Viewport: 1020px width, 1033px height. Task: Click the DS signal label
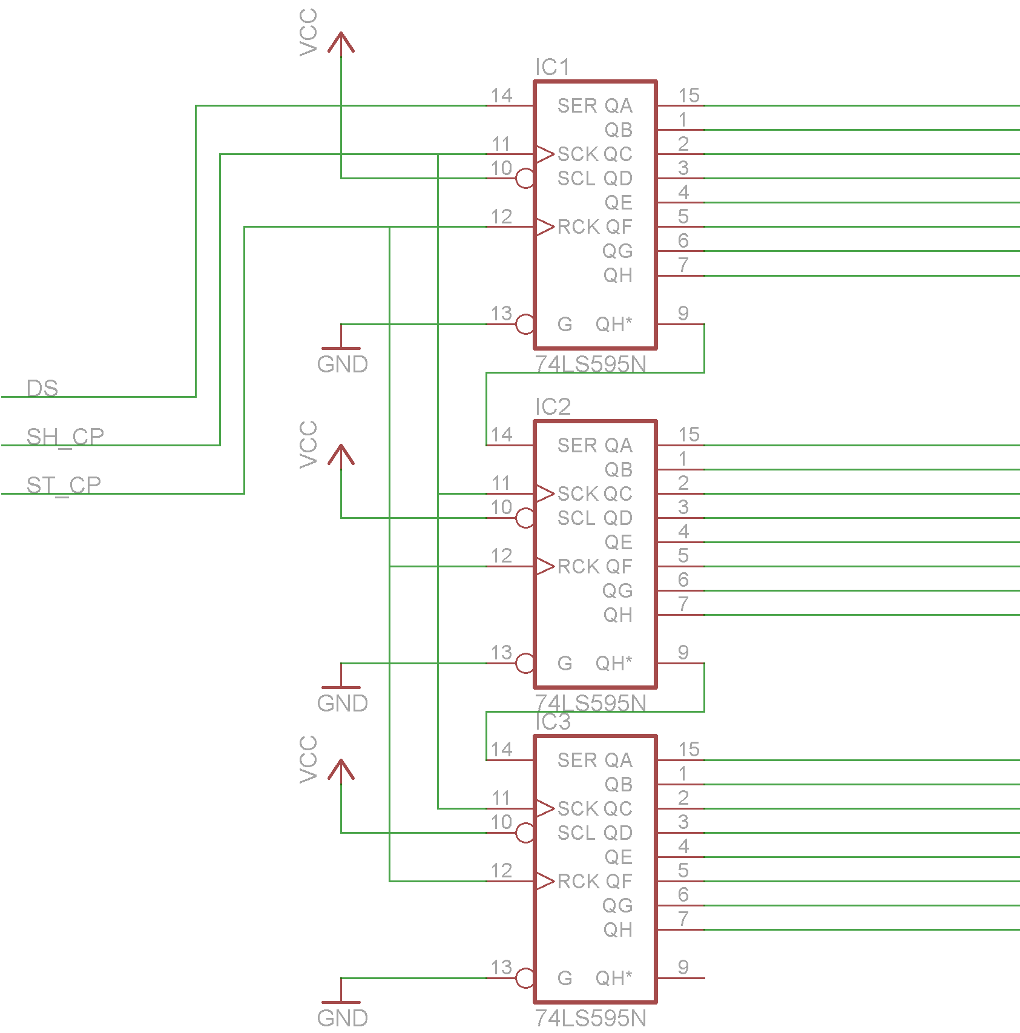coord(42,388)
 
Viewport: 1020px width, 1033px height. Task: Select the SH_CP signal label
coord(65,437)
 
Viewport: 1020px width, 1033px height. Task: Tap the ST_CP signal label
coord(64,485)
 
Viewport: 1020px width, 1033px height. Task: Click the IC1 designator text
coord(552,67)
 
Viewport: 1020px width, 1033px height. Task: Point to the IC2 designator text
coord(553,407)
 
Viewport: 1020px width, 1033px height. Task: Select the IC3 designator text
coord(553,722)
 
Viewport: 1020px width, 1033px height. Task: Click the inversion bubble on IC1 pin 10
coord(525,178)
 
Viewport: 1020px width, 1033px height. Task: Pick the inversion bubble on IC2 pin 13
coord(525,663)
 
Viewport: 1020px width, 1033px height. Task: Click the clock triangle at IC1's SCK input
coord(545,154)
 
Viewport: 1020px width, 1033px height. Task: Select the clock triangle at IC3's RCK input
coord(545,881)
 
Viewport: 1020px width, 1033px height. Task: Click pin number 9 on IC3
coord(683,967)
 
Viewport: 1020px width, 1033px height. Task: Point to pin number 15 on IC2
coord(689,434)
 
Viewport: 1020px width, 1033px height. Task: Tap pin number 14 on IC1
coord(501,95)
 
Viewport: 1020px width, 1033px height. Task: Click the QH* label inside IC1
coord(613,324)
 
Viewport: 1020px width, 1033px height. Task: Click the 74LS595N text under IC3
coord(590,1018)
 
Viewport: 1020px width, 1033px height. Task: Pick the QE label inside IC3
coord(618,857)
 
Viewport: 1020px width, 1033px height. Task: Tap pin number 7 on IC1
coord(683,265)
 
